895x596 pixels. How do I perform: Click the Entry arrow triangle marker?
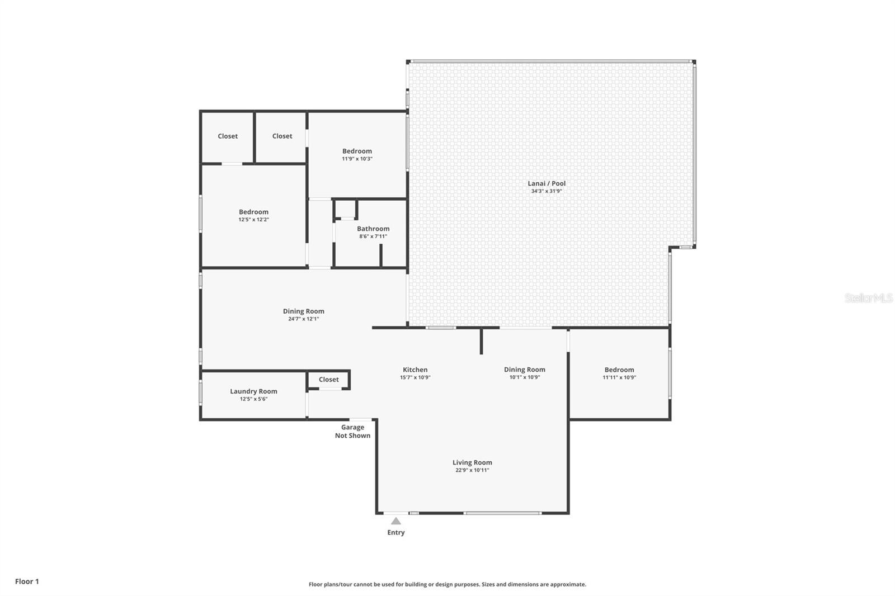coord(396,521)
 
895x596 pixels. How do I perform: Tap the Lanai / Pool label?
coord(547,183)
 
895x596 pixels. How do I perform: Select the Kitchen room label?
coord(415,370)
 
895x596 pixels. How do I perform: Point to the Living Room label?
coord(472,462)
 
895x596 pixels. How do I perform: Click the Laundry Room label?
coord(254,391)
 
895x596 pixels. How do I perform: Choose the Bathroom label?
coord(373,229)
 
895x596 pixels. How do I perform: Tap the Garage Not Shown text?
coord(353,432)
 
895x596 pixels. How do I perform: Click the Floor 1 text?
coord(27,581)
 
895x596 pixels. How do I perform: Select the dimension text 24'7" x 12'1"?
coord(304,319)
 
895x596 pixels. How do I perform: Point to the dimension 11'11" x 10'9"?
coord(619,377)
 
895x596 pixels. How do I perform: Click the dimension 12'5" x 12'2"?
coord(254,219)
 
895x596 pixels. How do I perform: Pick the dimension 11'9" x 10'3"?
coord(357,159)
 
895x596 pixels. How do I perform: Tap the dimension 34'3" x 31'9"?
coord(547,191)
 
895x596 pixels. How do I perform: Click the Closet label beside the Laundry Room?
coord(329,380)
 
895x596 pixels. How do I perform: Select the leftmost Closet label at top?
coord(228,136)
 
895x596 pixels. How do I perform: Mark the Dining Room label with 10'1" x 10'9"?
coord(525,370)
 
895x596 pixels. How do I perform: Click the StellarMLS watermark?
coord(869,297)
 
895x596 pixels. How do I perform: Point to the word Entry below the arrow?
coord(396,532)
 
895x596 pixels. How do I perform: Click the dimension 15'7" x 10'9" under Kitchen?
coord(415,377)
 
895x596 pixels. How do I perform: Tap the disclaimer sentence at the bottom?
coord(447,584)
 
